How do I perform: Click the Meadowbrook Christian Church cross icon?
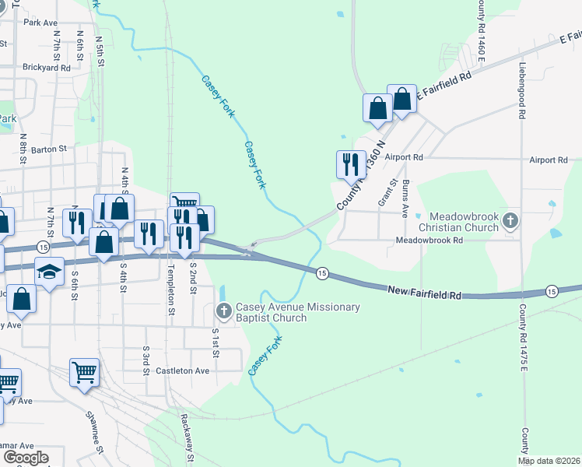pos(510,220)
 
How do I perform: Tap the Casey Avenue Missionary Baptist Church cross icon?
pos(223,313)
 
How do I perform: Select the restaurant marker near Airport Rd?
pos(350,163)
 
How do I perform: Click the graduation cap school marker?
pos(49,272)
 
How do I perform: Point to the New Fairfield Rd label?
pos(424,291)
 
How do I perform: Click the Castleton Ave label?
pos(183,371)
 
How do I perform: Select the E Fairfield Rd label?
pos(444,86)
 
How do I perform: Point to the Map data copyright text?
pos(549,461)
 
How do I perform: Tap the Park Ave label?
pos(42,23)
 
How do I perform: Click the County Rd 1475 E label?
pos(524,335)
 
